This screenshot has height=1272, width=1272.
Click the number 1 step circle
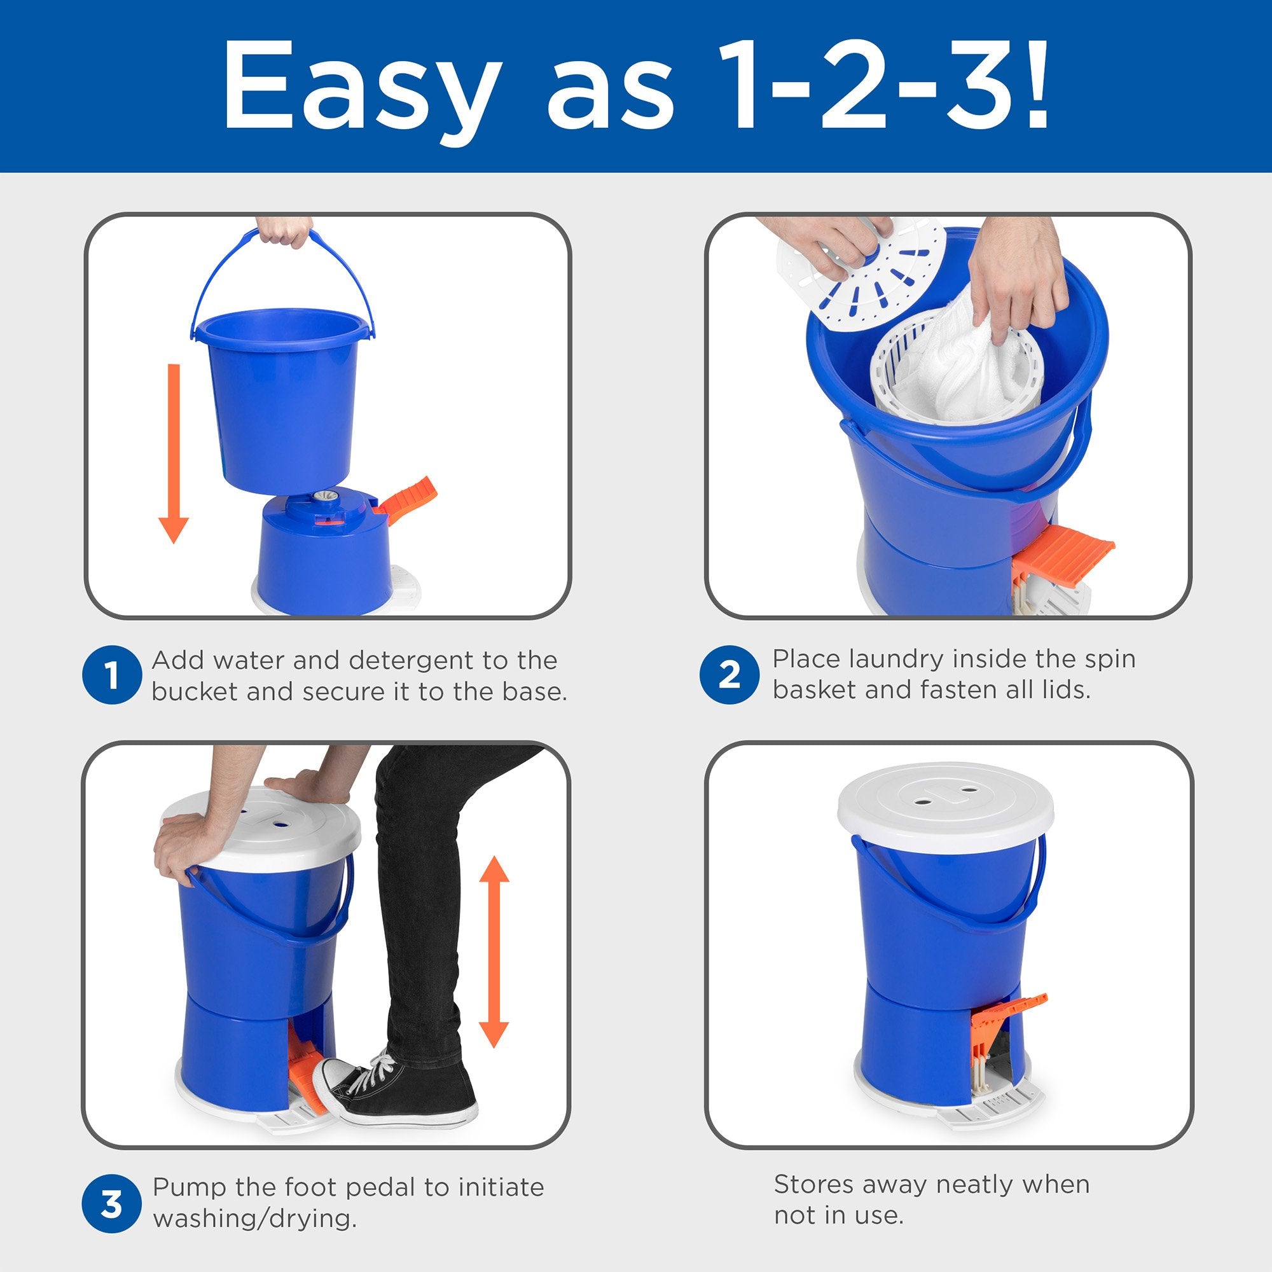coord(112,675)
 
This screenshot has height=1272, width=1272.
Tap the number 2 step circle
coord(729,674)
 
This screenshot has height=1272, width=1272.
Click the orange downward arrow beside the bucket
coord(174,453)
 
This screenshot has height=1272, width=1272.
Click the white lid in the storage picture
coord(946,801)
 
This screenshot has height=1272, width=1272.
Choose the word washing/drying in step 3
coord(254,1220)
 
